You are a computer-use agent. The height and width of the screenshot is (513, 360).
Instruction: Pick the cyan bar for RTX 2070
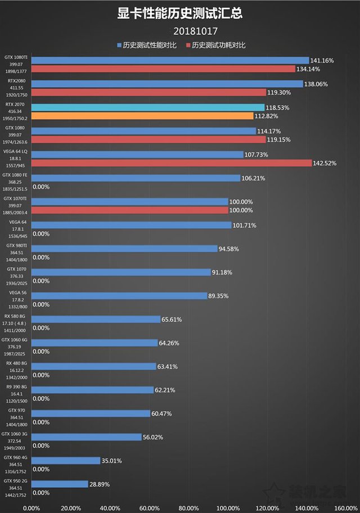point(148,107)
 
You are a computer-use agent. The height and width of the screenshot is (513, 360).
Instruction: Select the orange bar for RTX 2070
point(142,116)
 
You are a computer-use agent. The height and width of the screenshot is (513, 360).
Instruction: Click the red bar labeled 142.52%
point(172,163)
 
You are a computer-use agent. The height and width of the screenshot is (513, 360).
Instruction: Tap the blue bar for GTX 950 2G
point(60,484)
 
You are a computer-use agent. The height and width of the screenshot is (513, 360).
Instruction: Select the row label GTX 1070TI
point(15,199)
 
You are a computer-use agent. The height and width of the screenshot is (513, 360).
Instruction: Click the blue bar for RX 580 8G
point(96,319)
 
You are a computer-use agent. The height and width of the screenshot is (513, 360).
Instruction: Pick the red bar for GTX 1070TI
point(129,210)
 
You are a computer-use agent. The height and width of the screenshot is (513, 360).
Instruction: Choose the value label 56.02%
point(155,437)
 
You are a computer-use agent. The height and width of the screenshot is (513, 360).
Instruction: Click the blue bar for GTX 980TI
point(124,249)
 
